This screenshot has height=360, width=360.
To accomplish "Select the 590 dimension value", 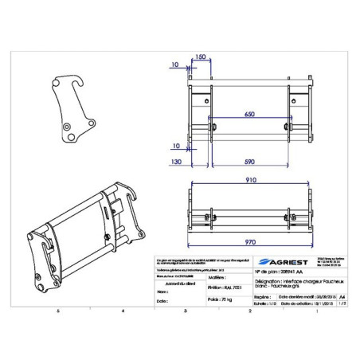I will pyautogui.click(x=249, y=162).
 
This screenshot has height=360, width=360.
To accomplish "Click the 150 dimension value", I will pyautogui.click(x=201, y=57).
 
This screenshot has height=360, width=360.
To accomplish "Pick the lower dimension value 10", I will pyautogui.click(x=174, y=146).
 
